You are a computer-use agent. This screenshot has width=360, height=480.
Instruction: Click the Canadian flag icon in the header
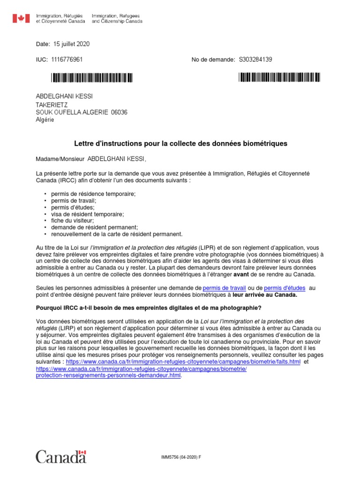coord(20,18)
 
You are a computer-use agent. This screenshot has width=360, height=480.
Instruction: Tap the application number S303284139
coord(255,60)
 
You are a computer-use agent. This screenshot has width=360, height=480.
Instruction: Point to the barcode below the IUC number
coord(92,77)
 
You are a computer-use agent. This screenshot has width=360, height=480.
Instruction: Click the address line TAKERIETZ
coord(54,105)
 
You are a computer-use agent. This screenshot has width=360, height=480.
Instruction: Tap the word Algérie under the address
coord(45,120)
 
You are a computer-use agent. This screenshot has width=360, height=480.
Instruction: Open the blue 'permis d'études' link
coord(285,287)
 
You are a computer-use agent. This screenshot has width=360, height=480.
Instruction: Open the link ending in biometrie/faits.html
coord(183,362)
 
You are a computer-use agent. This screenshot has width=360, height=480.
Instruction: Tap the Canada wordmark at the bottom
coord(61,457)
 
